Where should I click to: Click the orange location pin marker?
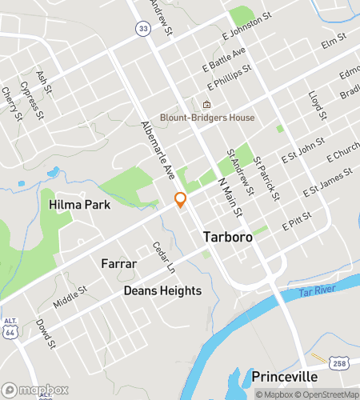(x=181, y=199)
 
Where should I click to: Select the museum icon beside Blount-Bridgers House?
(x=206, y=105)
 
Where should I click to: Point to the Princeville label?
(x=285, y=376)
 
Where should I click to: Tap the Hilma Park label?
(x=79, y=205)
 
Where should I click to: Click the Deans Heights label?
(x=162, y=290)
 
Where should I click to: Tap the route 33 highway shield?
(x=142, y=28)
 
